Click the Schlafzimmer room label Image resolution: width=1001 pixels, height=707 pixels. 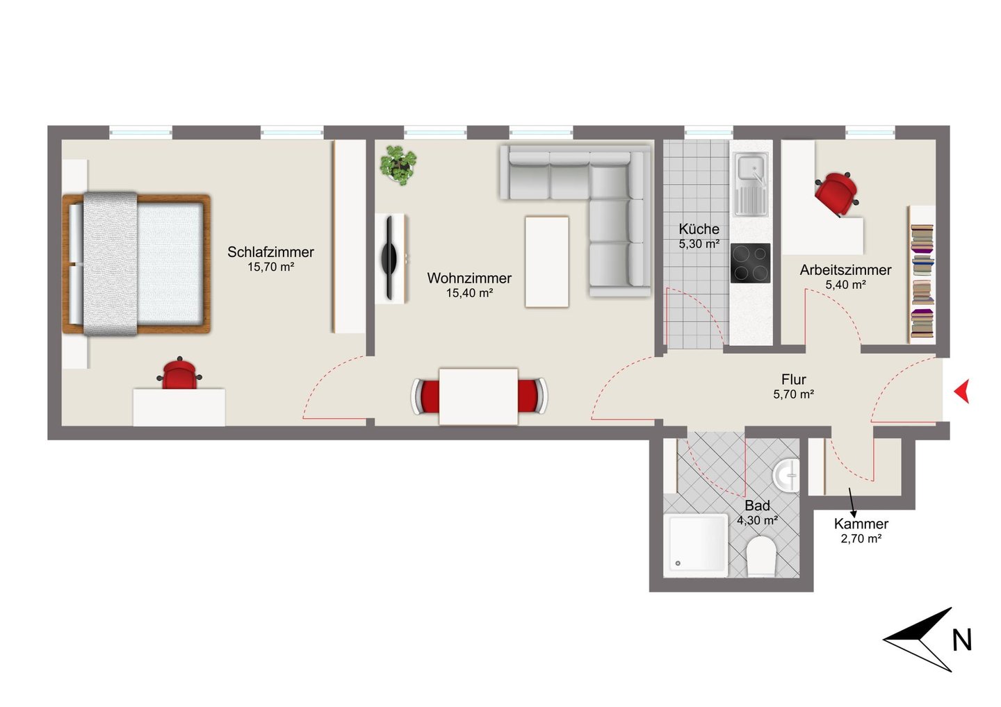(x=271, y=252)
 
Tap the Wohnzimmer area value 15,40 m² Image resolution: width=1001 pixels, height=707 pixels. (x=469, y=293)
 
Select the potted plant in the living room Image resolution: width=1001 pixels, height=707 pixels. (x=398, y=165)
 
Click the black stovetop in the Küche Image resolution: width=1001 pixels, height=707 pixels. (x=750, y=263)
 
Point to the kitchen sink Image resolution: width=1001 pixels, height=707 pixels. (x=751, y=184)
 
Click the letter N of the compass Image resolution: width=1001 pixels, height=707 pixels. (x=962, y=640)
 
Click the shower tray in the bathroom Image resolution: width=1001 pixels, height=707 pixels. (x=696, y=545)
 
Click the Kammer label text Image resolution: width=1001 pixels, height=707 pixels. (x=861, y=524)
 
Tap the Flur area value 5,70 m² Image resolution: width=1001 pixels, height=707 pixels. (x=794, y=394)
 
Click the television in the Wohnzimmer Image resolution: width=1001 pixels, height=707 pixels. (x=389, y=258)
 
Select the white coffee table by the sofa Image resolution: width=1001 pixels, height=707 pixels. (x=547, y=262)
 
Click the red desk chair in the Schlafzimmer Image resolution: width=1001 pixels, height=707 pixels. (x=179, y=374)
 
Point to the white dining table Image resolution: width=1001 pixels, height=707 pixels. (x=478, y=397)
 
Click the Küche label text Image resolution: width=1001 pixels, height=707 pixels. (x=699, y=229)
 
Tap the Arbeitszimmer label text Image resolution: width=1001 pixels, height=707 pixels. (x=845, y=270)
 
